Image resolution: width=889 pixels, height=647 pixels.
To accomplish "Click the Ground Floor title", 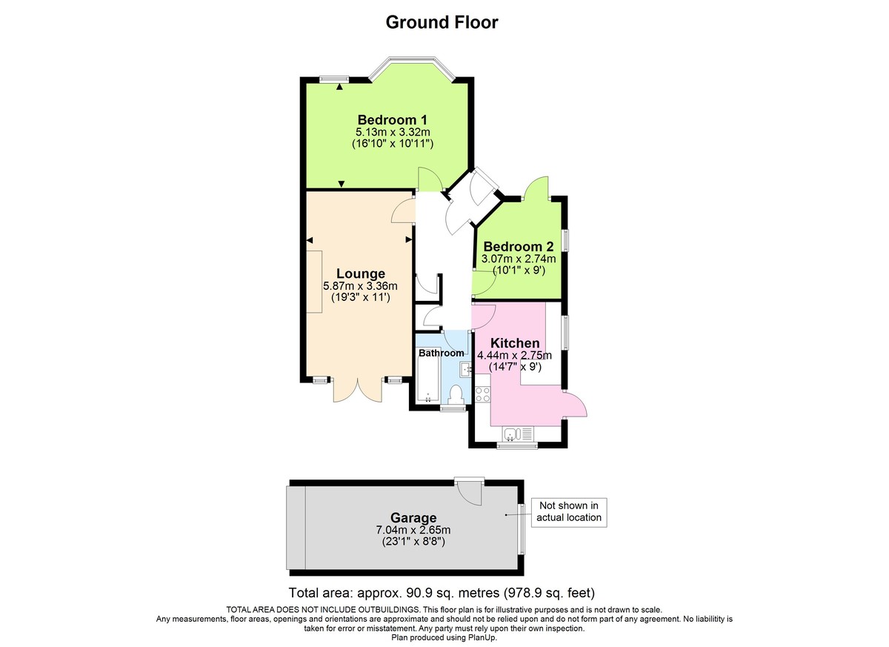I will pyautogui.click(x=442, y=22).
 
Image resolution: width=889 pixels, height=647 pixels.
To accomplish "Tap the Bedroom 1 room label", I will pyautogui.click(x=392, y=120).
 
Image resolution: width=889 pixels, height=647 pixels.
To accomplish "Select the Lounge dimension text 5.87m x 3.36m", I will pyautogui.click(x=360, y=286).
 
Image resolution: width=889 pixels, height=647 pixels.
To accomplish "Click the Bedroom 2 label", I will pyautogui.click(x=518, y=247).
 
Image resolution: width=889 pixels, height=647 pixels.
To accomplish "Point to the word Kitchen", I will pyautogui.click(x=515, y=343).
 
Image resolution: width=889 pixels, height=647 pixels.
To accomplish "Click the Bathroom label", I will pyautogui.click(x=442, y=354).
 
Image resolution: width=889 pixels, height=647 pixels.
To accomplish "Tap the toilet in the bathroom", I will pyautogui.click(x=456, y=394).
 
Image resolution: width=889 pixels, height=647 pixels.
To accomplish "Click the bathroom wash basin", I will pyautogui.click(x=464, y=368).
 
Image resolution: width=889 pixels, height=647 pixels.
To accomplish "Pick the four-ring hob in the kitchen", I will pyautogui.click(x=482, y=393).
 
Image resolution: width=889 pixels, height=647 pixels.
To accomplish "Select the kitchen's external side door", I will pyautogui.click(x=575, y=405).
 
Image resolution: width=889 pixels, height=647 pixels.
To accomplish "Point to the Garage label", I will pyautogui.click(x=413, y=517).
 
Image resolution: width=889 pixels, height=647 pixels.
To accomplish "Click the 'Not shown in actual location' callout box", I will pyautogui.click(x=569, y=511).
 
